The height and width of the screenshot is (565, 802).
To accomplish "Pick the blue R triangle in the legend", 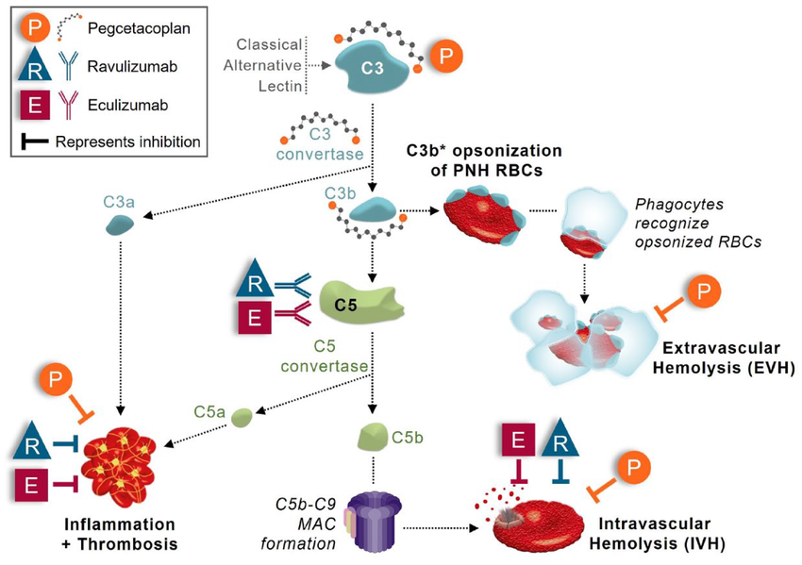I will point(33,69).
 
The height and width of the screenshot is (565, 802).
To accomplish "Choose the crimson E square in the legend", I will point(34,105).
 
